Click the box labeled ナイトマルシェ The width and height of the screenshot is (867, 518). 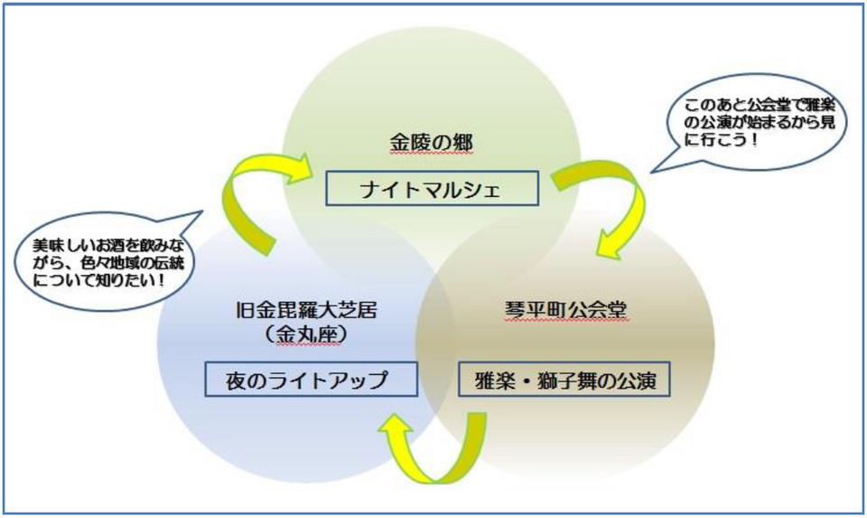[432, 189]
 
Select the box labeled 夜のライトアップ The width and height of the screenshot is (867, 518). [311, 380]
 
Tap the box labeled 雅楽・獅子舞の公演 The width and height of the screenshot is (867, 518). [564, 380]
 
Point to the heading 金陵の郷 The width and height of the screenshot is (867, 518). [432, 143]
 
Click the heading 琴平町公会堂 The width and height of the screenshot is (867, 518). [565, 310]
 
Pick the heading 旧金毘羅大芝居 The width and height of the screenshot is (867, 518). [306, 309]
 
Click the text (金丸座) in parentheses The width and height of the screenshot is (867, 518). [306, 334]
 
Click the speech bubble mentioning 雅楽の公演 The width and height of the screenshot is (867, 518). [750, 124]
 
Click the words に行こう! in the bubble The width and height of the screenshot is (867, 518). [721, 139]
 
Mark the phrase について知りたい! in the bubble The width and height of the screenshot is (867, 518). [99, 279]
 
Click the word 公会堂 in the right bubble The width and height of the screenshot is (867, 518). [768, 105]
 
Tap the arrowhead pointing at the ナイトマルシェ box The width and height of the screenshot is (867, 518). [300, 168]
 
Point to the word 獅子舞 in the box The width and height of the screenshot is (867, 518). [564, 381]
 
